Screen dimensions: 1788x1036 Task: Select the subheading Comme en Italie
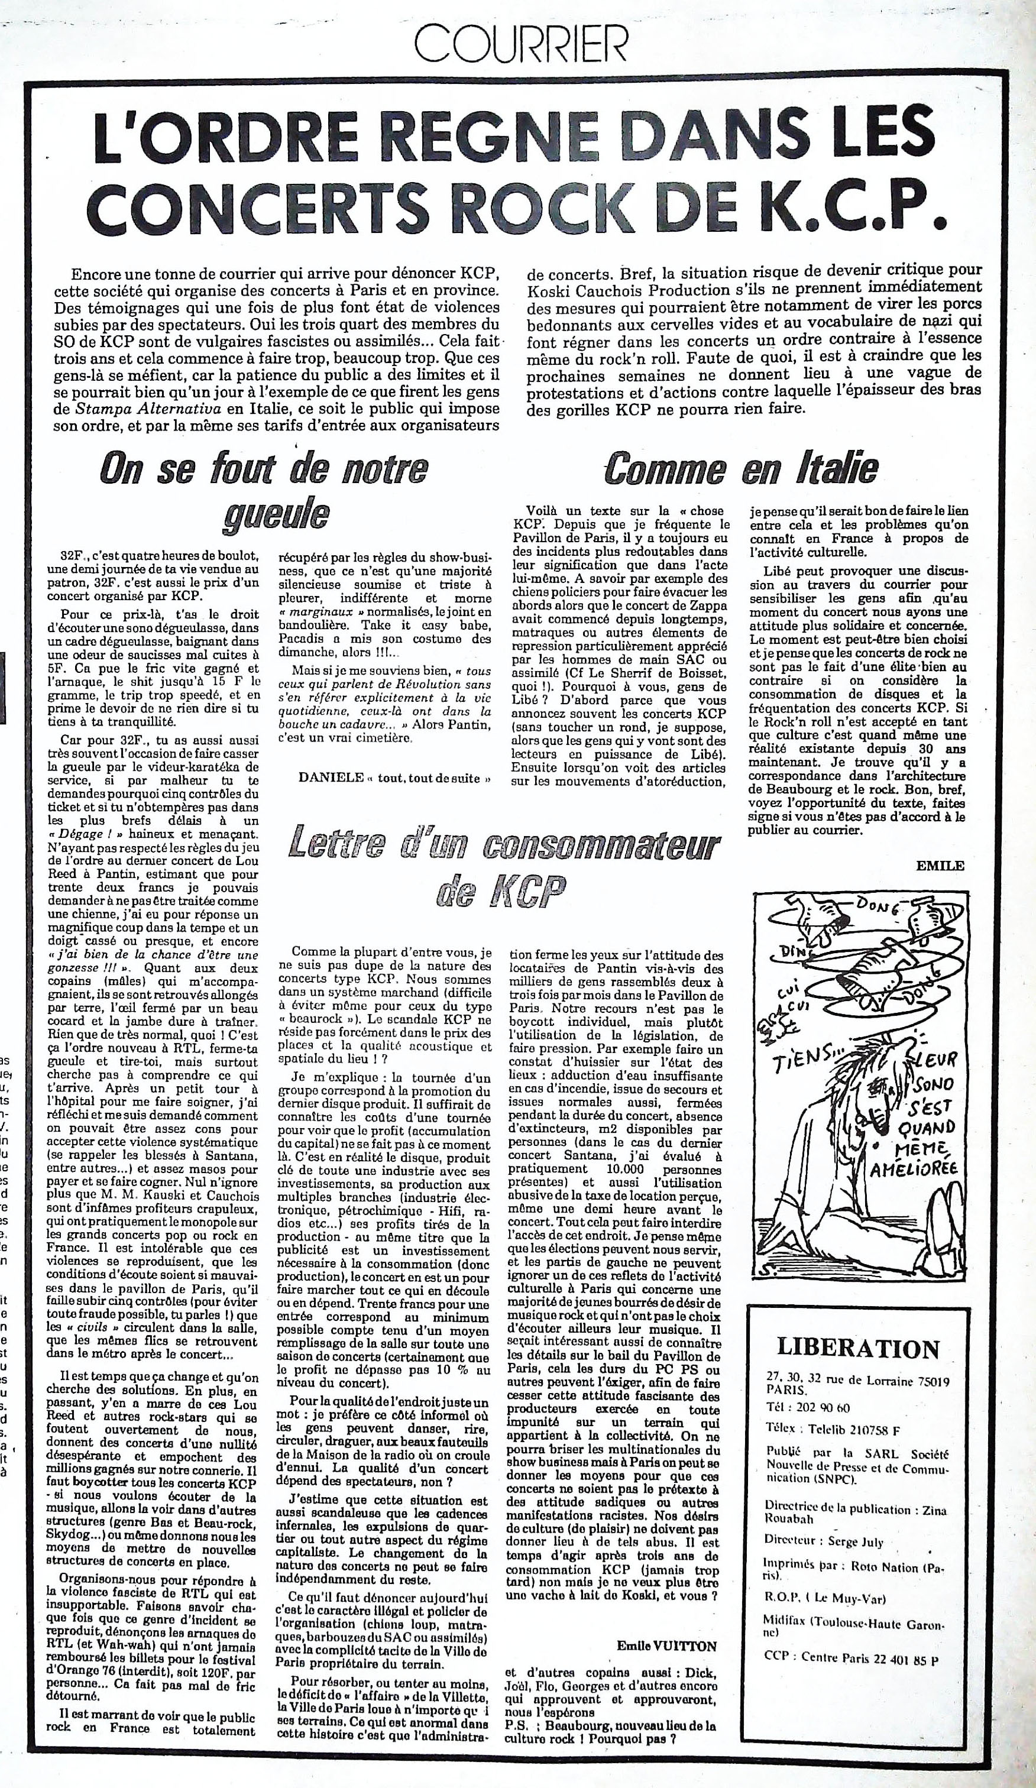click(x=741, y=469)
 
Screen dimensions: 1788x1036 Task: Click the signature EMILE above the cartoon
click(x=940, y=866)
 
